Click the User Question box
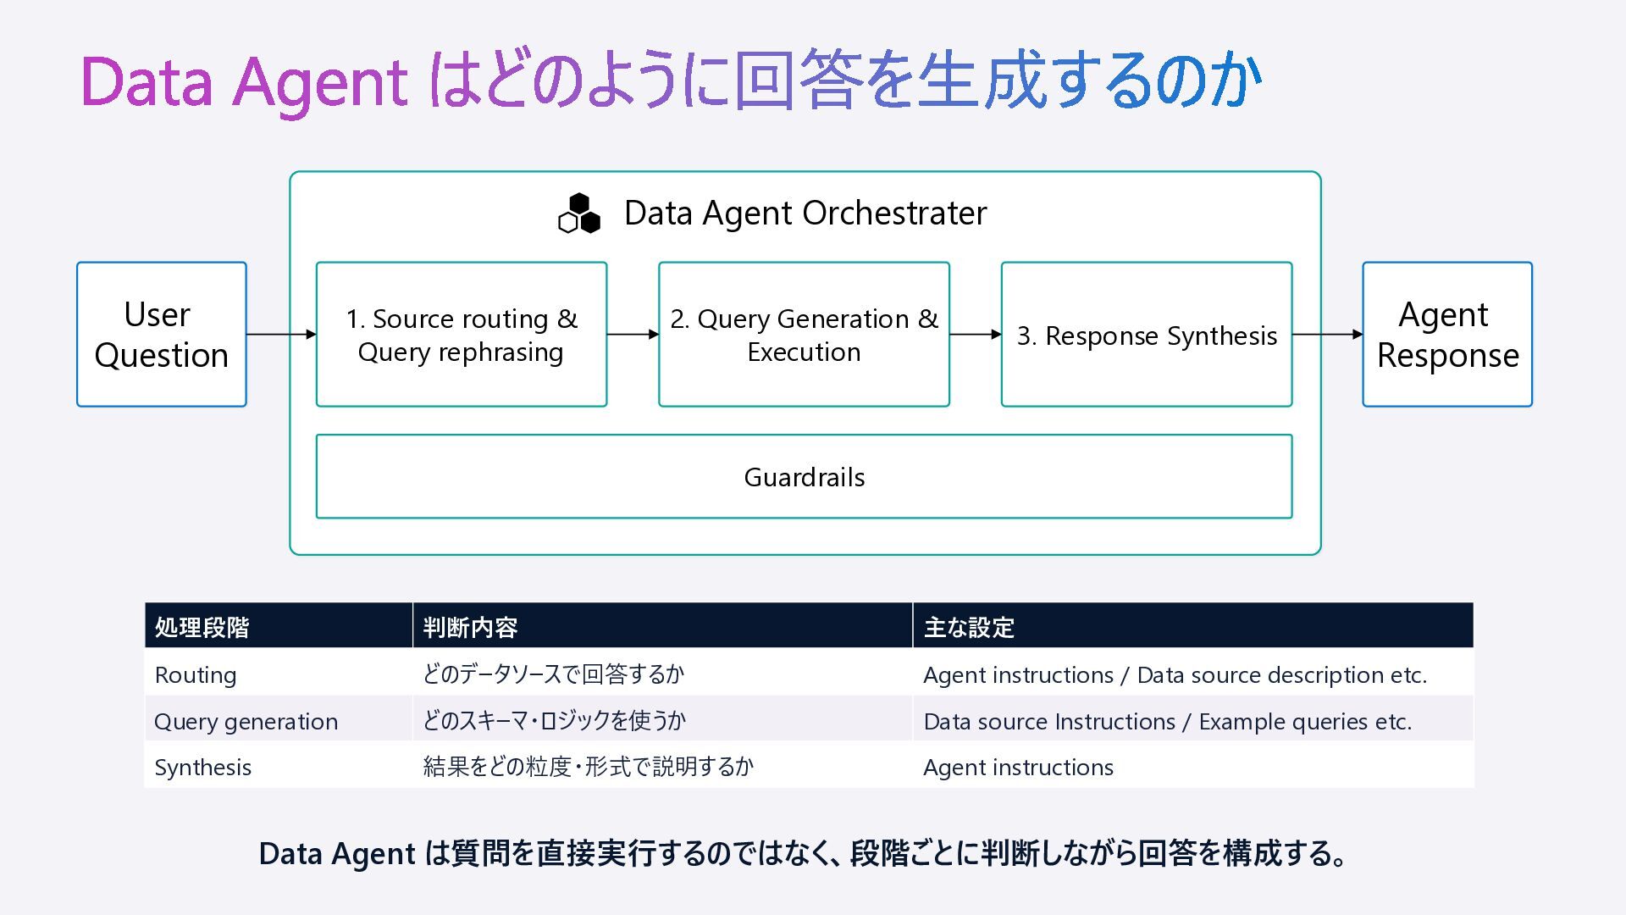[x=162, y=335]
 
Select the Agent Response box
[x=1447, y=335]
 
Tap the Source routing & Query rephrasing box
[x=462, y=335]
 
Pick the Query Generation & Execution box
[x=804, y=335]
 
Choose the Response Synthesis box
[x=1147, y=335]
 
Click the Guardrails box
[x=804, y=477]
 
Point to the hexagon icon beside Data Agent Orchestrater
[x=579, y=213]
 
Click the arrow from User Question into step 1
[x=281, y=335]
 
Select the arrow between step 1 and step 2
[x=633, y=335]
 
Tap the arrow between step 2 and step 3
[x=976, y=335]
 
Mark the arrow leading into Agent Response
[x=1328, y=335]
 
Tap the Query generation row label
[x=246, y=722]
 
